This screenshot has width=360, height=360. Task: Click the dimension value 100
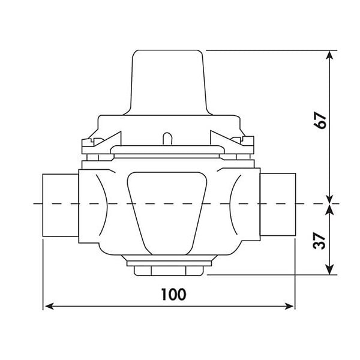(x=173, y=295)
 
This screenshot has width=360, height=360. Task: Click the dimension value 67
(x=320, y=121)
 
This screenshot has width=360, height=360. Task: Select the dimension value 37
(x=319, y=241)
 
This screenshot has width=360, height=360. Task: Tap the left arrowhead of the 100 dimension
(x=49, y=306)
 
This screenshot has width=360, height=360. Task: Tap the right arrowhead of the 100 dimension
(x=289, y=306)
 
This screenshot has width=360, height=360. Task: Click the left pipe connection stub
(x=61, y=205)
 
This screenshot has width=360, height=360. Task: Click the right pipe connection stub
(x=278, y=205)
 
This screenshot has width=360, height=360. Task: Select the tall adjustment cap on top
(x=168, y=83)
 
